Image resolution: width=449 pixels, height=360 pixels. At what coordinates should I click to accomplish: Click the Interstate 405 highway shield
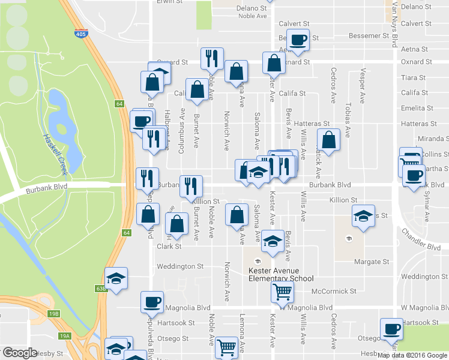pos(80,34)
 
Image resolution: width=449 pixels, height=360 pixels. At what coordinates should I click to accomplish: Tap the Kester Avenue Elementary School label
pos(281,275)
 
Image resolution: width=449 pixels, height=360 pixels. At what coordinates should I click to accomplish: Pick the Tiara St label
pos(414,78)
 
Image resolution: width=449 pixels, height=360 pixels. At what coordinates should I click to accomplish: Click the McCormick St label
pos(334,291)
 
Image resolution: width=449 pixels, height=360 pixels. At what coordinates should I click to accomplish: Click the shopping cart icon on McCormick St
pos(283,293)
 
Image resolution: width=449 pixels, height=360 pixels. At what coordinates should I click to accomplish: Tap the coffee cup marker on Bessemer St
pos(298,40)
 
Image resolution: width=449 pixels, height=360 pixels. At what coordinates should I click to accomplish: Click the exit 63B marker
pos(101,289)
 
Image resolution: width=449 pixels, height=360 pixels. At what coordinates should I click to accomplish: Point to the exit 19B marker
pos(55,313)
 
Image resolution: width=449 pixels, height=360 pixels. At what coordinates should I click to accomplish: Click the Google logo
pos(20,353)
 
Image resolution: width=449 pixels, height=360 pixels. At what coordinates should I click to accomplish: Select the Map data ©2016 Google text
pos(412,355)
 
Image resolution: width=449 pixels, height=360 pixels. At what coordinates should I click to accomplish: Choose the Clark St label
pos(169,246)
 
